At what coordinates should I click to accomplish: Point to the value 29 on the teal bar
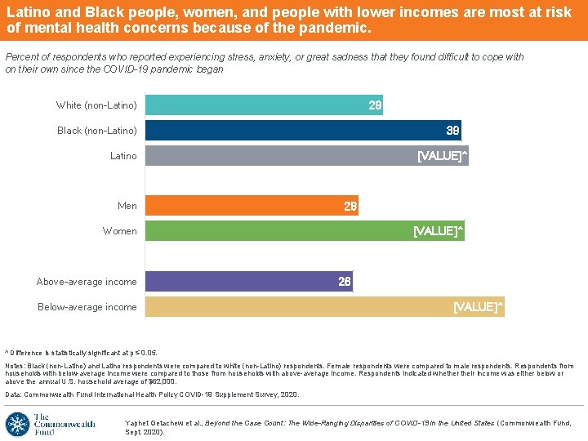pos(375,105)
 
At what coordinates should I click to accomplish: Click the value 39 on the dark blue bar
pos(453,131)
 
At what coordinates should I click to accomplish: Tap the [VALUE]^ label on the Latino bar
pos(442,156)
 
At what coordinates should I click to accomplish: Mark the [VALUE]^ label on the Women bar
pos(438,231)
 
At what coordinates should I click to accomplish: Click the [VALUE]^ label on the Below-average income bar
pos(478,307)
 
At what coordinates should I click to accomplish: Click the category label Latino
pos(123,156)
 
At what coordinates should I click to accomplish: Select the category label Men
pos(127,207)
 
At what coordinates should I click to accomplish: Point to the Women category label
pos(119,231)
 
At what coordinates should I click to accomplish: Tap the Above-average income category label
pos(87,282)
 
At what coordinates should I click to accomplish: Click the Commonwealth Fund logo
pos(51,424)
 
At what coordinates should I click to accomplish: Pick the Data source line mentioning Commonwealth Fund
pos(152,394)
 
